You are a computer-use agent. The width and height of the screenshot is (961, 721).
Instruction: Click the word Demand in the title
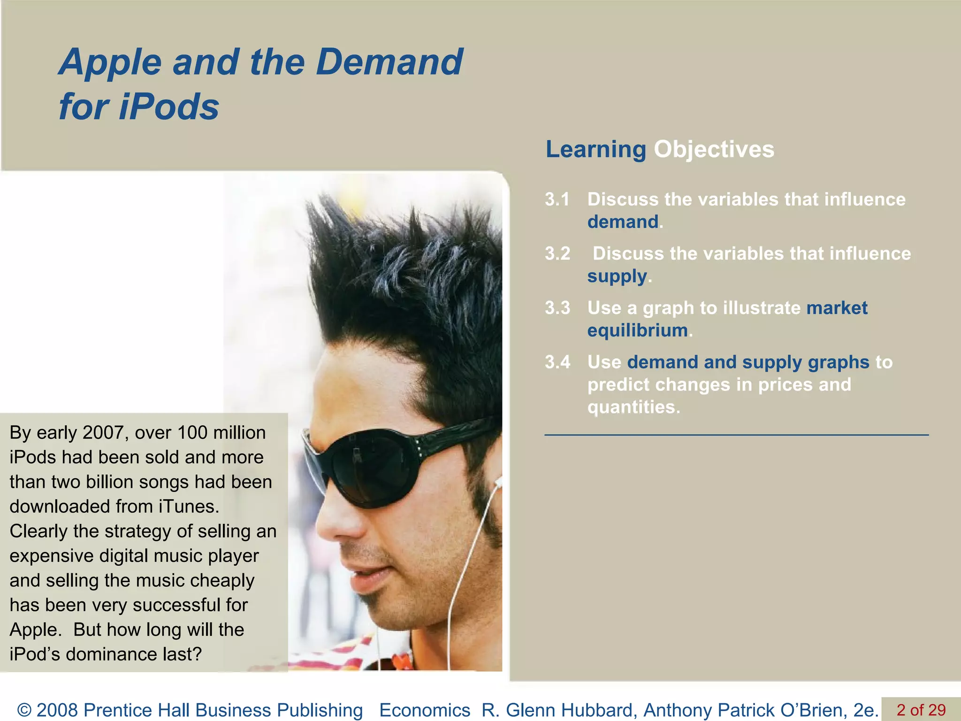(389, 62)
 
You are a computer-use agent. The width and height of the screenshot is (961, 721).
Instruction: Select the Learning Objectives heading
(659, 150)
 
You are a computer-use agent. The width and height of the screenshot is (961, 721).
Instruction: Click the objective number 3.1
(557, 199)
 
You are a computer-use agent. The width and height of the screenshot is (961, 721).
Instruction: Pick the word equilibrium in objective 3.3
(638, 330)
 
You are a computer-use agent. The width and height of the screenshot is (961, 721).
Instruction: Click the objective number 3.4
(557, 362)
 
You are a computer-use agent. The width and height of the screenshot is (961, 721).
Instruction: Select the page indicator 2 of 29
(921, 710)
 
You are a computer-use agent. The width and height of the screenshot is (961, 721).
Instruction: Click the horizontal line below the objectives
(737, 435)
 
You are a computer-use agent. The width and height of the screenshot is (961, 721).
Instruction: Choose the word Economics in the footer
(425, 710)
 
